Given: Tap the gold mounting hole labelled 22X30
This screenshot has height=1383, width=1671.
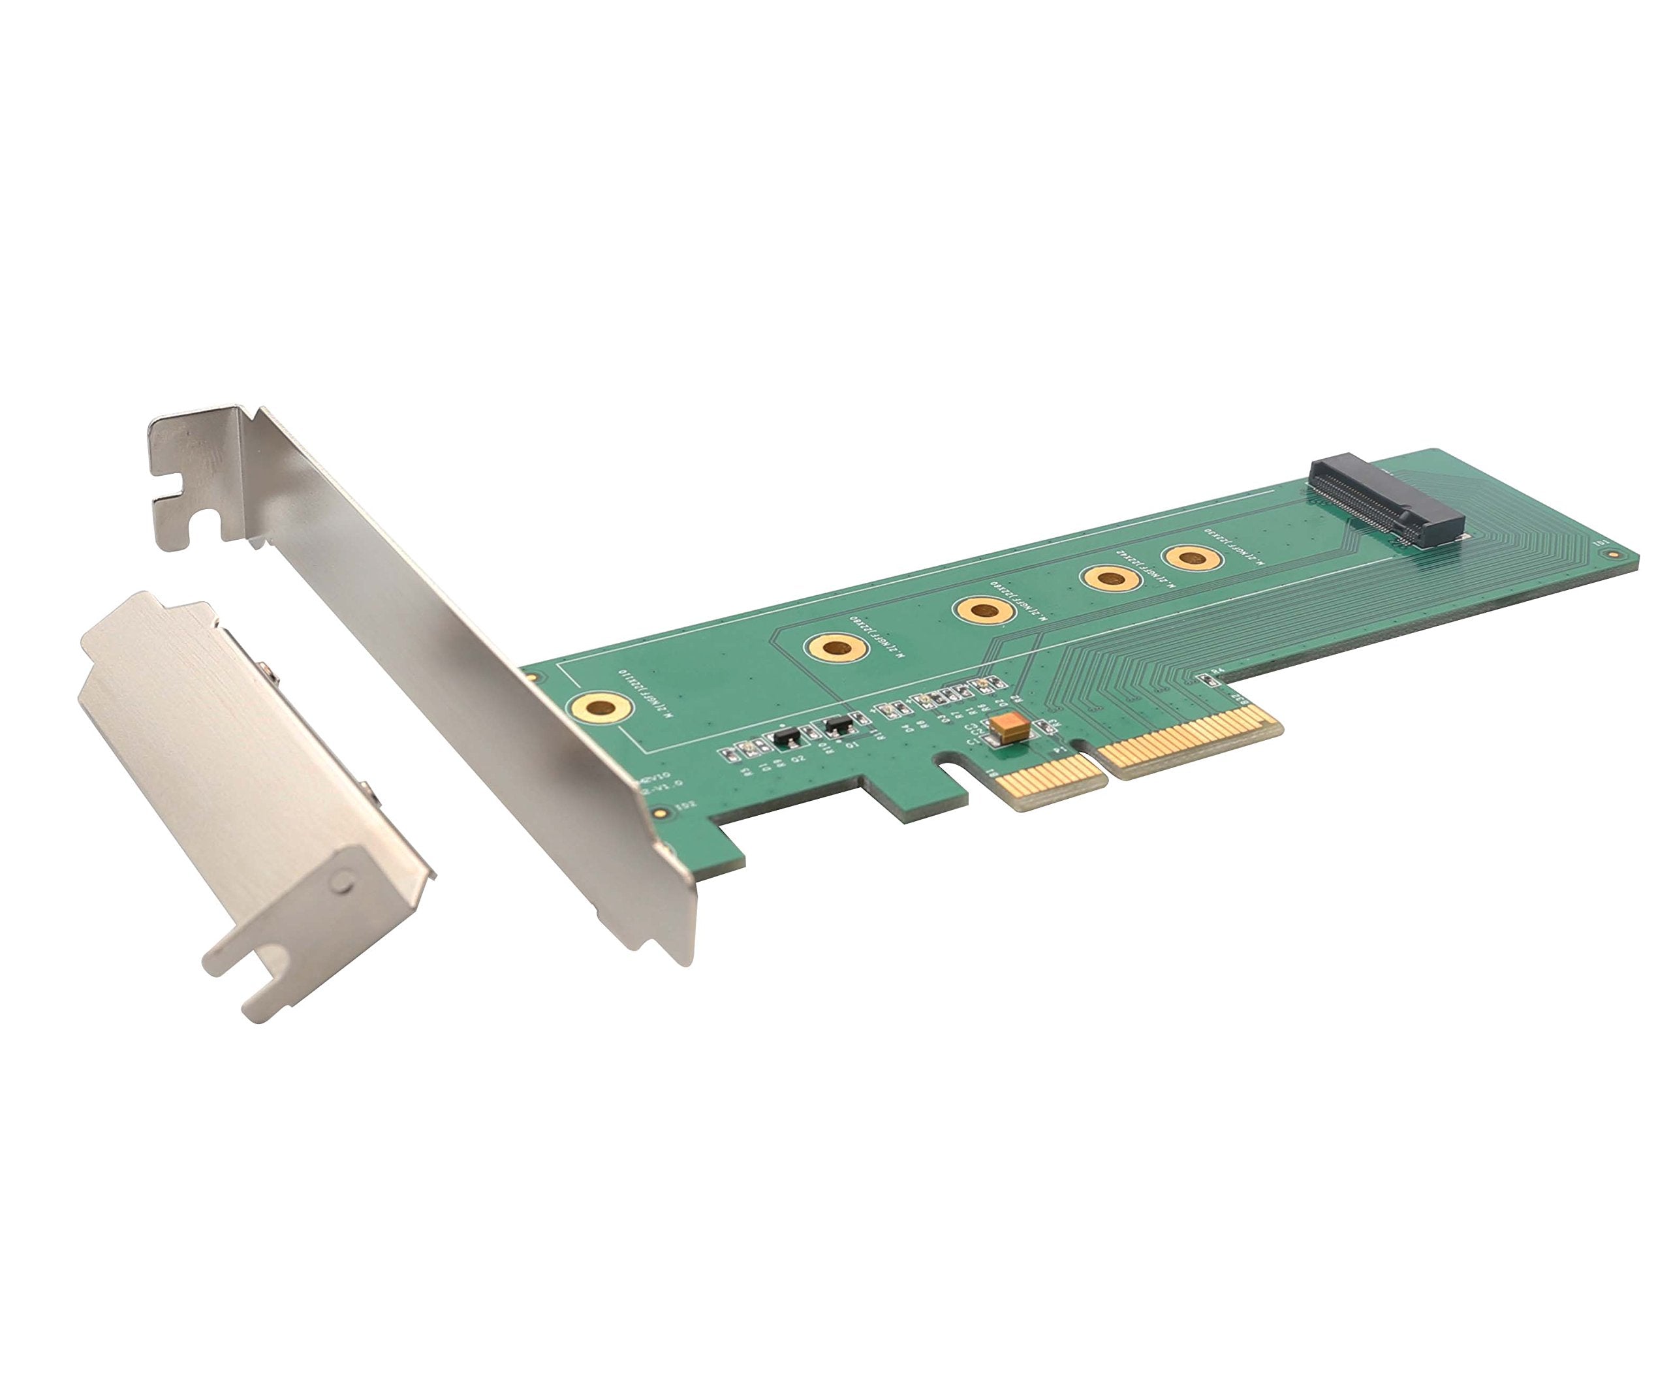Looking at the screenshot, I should click(1191, 558).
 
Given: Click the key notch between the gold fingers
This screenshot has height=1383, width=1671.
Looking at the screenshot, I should click(1089, 751).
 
